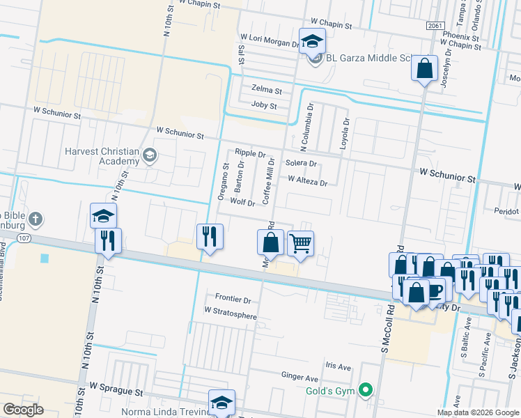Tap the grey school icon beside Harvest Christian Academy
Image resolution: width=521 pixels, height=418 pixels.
(148, 155)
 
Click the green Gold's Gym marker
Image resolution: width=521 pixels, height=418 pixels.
(364, 390)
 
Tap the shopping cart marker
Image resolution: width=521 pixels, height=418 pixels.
(300, 244)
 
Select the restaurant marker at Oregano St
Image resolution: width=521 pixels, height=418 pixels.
(210, 237)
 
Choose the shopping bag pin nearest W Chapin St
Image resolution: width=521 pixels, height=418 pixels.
(424, 68)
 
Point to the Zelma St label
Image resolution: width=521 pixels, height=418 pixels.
(266, 91)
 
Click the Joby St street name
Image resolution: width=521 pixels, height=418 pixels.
(263, 106)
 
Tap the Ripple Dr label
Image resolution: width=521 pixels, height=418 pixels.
(250, 153)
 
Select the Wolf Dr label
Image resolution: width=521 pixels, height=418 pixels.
(242, 201)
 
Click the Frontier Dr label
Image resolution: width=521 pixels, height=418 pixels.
(233, 299)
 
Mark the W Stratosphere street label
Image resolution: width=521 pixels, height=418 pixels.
(230, 316)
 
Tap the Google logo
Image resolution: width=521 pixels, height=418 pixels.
(24, 410)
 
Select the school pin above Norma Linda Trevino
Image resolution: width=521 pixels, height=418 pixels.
(221, 402)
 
